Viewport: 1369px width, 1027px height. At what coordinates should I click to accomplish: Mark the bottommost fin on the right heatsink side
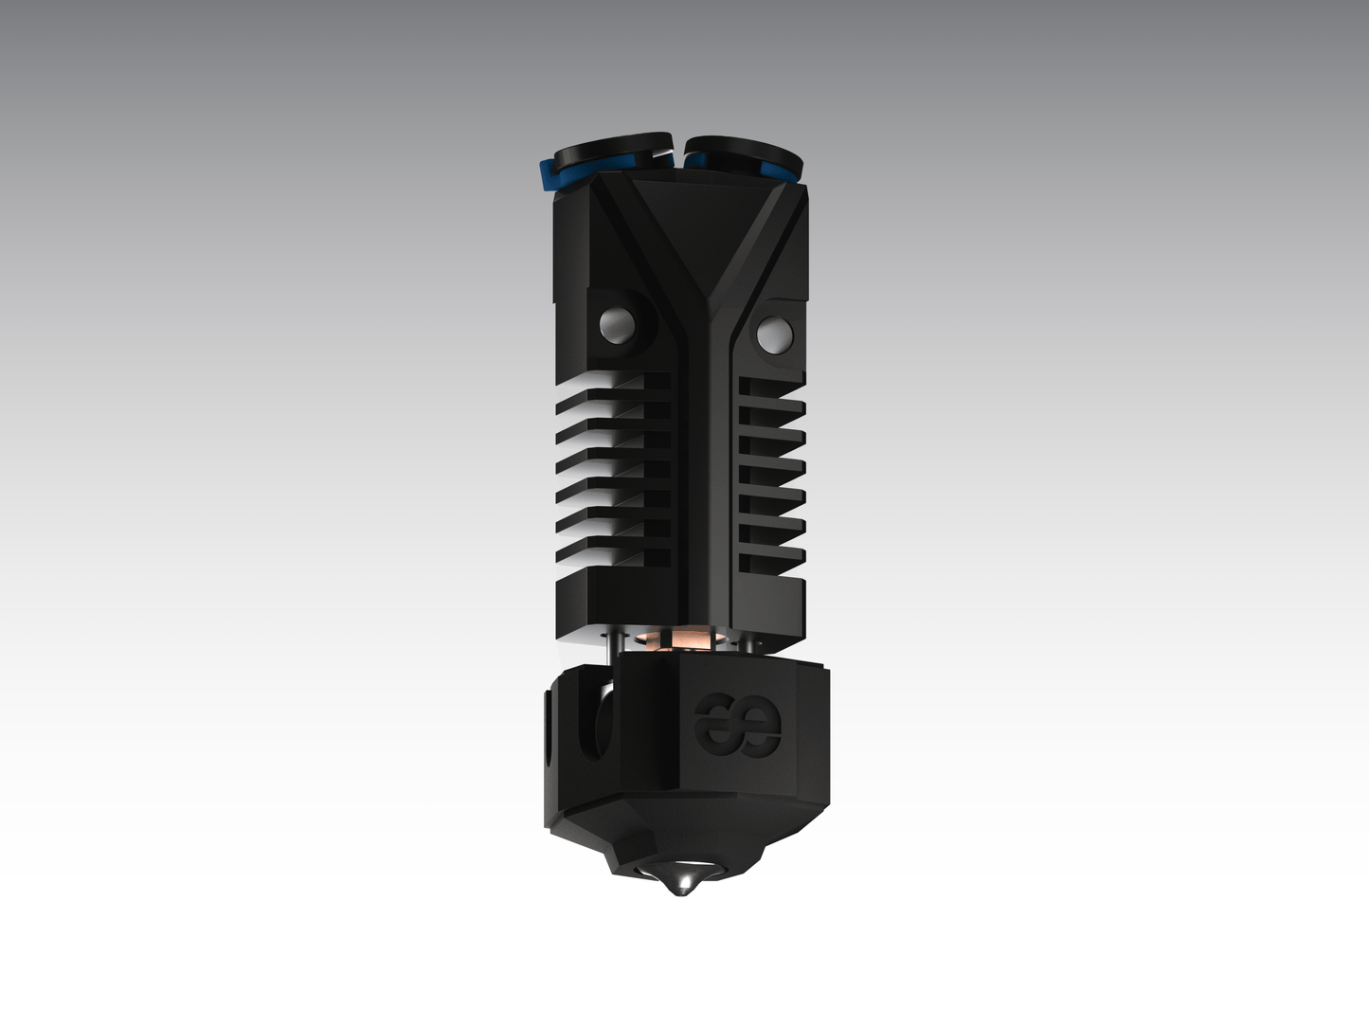[770, 563]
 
